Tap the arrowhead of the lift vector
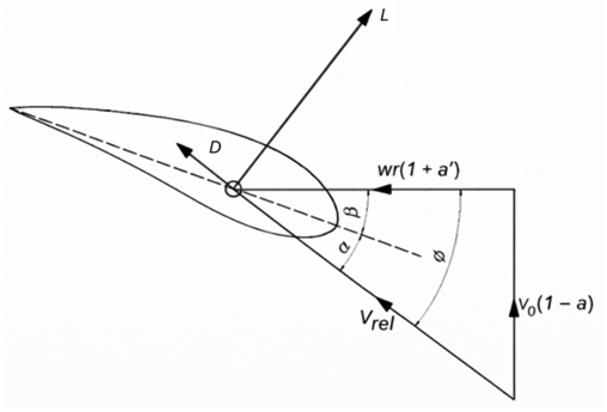pos(366,17)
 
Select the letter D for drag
pos(215,148)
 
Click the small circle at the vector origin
pos(233,189)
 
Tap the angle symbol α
pos(345,246)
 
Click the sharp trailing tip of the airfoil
pos(11,108)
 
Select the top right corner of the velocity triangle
pos(514,189)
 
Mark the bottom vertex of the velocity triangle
pos(514,398)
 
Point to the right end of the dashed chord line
pos(421,256)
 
